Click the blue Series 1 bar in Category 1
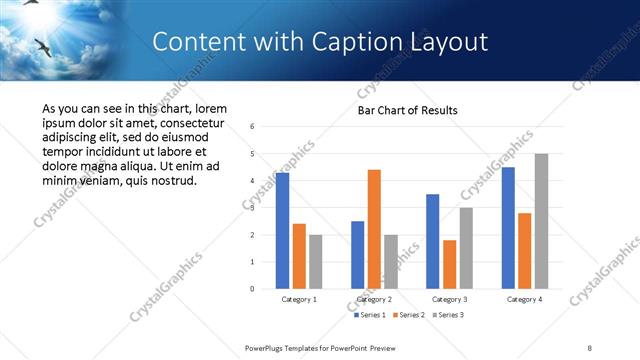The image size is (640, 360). click(283, 231)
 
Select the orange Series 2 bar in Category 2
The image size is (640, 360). click(374, 229)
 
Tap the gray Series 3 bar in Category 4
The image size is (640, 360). click(541, 221)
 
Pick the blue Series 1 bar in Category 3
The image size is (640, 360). click(433, 241)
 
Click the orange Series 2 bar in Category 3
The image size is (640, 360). click(449, 264)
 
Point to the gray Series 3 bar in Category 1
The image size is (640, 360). click(315, 262)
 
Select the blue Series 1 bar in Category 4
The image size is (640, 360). click(508, 228)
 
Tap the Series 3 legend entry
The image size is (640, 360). click(447, 315)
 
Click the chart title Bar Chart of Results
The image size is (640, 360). click(407, 110)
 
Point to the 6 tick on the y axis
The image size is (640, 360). click(252, 126)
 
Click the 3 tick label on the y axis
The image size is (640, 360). click(252, 208)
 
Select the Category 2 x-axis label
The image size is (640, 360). click(374, 299)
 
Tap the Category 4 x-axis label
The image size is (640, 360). click(524, 299)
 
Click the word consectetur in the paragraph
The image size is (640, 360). click(196, 124)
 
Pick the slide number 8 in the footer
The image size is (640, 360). click(591, 347)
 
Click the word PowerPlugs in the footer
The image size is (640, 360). click(268, 347)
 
